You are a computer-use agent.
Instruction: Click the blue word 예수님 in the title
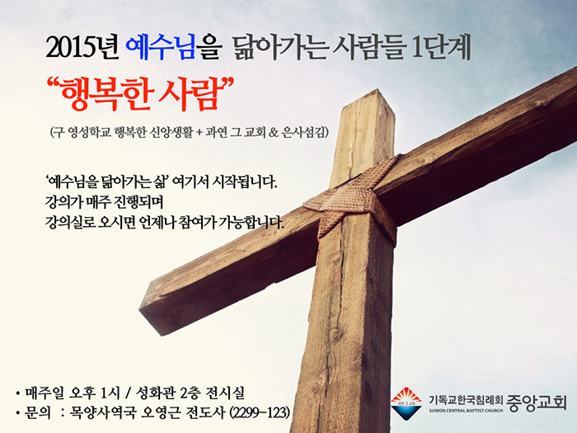pyautogui.click(x=161, y=48)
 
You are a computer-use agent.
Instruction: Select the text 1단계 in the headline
pyautogui.click(x=441, y=48)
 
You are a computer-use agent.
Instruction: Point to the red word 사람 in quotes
pyautogui.click(x=190, y=93)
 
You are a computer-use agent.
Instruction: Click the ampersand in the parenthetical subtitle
pyautogui.click(x=274, y=132)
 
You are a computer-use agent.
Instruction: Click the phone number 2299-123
pyautogui.click(x=260, y=412)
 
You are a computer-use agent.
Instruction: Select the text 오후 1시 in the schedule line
pyautogui.click(x=95, y=393)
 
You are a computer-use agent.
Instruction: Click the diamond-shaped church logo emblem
pyautogui.click(x=406, y=403)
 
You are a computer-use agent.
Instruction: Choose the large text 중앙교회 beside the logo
pyautogui.click(x=537, y=403)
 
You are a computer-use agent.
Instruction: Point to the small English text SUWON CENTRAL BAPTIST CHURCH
pyautogui.click(x=466, y=410)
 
